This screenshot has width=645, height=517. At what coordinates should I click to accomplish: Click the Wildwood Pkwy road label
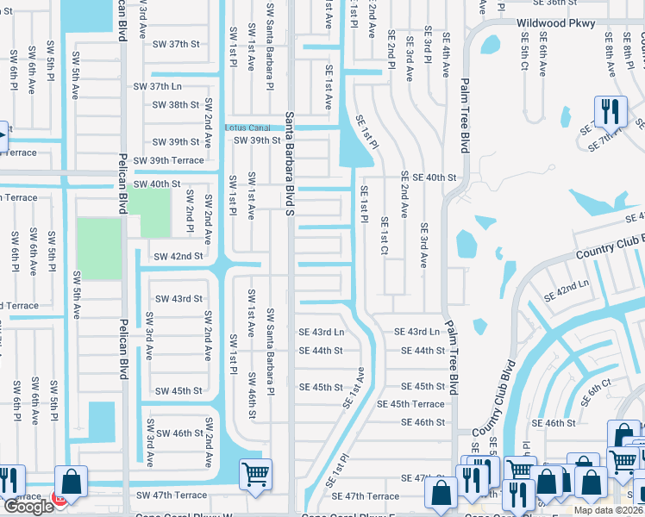click(x=555, y=24)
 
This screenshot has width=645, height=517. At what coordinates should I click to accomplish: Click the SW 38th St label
click(x=176, y=105)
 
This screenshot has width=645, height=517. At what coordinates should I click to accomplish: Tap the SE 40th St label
click(x=428, y=178)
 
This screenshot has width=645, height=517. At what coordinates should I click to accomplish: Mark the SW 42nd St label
click(x=178, y=257)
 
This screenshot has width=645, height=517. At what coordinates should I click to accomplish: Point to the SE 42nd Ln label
click(x=566, y=290)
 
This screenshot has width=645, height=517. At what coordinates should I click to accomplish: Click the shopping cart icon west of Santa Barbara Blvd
click(x=256, y=473)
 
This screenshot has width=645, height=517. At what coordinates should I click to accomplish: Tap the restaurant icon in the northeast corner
click(x=609, y=110)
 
